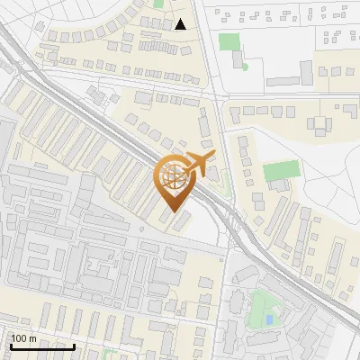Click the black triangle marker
[x=182, y=24]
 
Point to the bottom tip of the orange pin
[x=175, y=211]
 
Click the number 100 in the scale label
[x=20, y=338]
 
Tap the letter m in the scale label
[x=33, y=338]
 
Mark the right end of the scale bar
[x=75, y=346]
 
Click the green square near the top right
[x=229, y=41]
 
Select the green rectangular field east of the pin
[x=280, y=171]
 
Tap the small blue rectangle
[x=270, y=320]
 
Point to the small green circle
[x=244, y=66]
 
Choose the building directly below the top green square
[x=237, y=59]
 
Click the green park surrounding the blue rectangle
[x=264, y=308]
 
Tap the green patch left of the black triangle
[x=158, y=4]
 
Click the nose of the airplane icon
[x=215, y=156]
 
